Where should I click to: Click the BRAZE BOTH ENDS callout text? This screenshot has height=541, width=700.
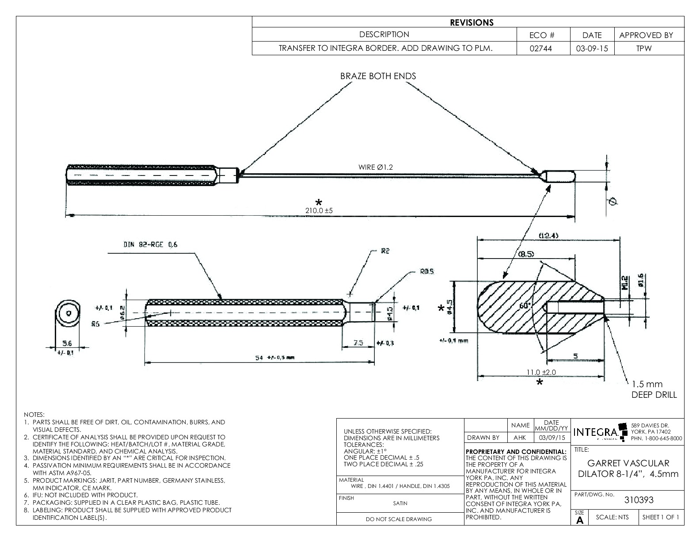pyautogui.click(x=378, y=76)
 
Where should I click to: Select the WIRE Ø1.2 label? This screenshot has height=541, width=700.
pyautogui.click(x=375, y=167)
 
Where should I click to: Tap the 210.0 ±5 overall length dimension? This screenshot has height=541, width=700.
pyautogui.click(x=319, y=211)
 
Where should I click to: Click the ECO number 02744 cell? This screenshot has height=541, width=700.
pyautogui.click(x=543, y=49)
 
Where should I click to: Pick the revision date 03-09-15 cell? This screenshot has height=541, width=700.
pyautogui.click(x=592, y=49)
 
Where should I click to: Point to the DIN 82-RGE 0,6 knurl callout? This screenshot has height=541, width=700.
pyautogui.click(x=150, y=244)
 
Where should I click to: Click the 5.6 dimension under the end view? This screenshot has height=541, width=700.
pyautogui.click(x=67, y=343)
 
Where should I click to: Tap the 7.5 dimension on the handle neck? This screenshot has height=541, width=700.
pyautogui.click(x=358, y=343)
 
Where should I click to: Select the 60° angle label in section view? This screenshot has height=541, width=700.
pyautogui.click(x=525, y=305)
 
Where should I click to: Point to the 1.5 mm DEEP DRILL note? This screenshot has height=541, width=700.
pyautogui.click(x=654, y=389)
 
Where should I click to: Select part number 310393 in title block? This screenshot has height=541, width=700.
pyautogui.click(x=638, y=500)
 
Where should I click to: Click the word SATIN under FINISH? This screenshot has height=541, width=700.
pyautogui.click(x=400, y=503)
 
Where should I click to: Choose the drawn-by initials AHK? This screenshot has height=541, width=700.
pyautogui.click(x=520, y=438)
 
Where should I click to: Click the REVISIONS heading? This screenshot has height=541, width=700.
pyautogui.click(x=471, y=23)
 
